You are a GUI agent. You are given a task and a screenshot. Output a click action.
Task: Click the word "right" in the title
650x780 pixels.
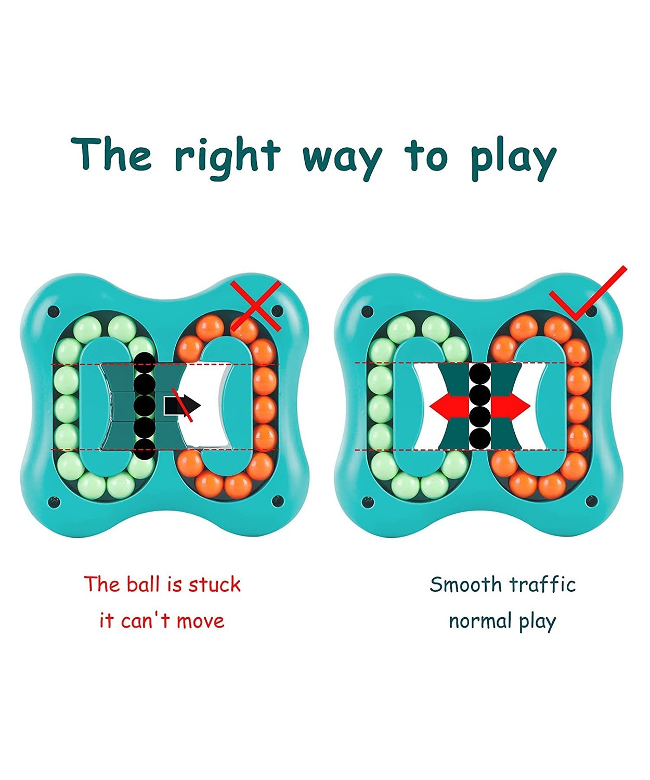tap(228, 158)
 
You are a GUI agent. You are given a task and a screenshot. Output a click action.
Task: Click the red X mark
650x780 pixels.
tap(255, 306)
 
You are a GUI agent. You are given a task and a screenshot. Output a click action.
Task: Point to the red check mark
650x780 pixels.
tap(588, 294)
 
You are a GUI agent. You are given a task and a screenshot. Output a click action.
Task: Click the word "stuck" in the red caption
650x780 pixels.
tap(214, 584)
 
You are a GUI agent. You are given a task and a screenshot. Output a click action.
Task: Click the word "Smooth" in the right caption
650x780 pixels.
tap(465, 584)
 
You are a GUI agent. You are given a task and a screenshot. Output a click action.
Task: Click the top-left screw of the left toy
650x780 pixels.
tap(54, 311)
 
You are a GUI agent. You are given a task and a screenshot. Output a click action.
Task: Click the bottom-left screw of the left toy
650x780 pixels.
tap(54, 501)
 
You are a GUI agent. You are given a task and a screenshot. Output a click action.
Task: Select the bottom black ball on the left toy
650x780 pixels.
tap(145, 449)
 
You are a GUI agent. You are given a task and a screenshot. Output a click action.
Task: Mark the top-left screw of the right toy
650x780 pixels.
tap(368, 311)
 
